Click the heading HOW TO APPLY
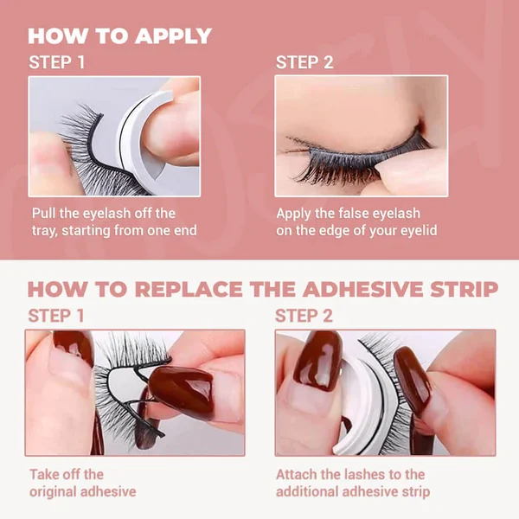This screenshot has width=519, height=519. click(120, 36)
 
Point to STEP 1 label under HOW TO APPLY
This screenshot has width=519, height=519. click(57, 63)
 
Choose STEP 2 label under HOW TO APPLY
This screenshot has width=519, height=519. click(304, 63)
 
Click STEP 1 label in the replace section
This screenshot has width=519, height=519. click(56, 316)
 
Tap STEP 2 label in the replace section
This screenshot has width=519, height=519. click(304, 316)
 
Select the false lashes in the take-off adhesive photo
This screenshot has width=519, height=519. click(121, 363)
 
